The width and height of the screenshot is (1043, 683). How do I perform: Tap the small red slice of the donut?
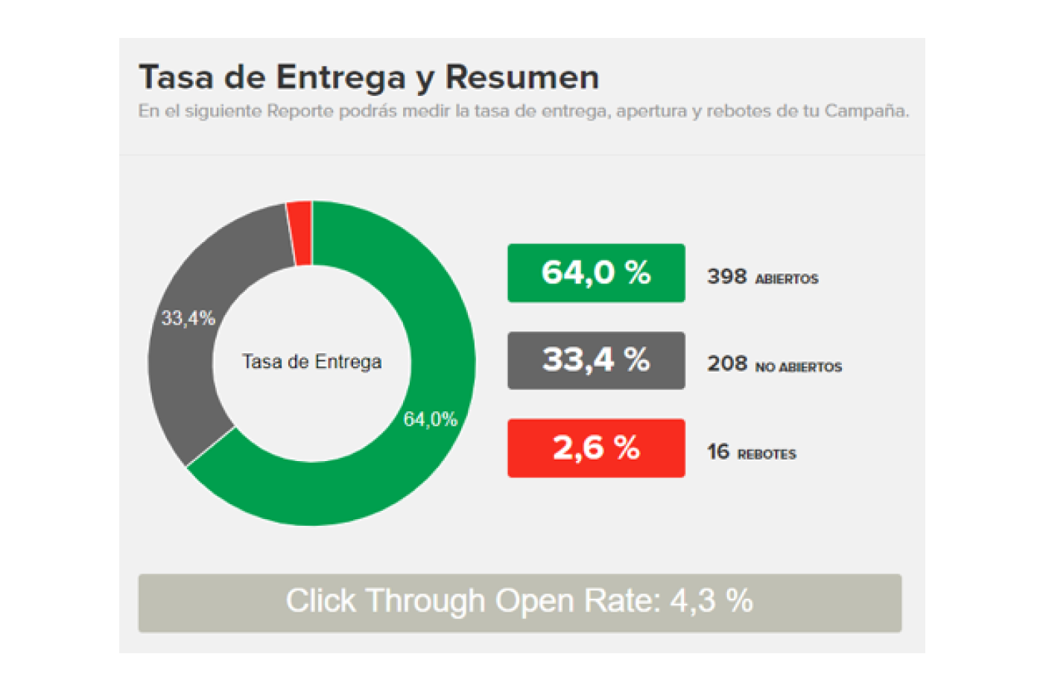point(301,232)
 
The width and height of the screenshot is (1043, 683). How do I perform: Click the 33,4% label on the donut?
point(188,319)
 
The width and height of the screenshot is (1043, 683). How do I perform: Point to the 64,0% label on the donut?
point(430,419)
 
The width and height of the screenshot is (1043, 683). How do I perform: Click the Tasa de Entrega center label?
point(311,362)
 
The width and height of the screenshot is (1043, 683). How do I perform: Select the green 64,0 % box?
point(596,273)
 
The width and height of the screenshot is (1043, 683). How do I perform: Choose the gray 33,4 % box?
point(596,360)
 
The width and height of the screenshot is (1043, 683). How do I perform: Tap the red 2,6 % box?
point(596,448)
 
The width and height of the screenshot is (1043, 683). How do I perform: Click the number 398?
point(726,277)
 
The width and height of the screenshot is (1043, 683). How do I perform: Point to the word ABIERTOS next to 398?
point(787,279)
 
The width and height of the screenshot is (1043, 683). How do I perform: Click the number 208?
point(726,364)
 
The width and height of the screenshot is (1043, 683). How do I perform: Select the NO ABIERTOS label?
point(799,367)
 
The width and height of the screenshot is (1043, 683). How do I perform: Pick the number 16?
point(718,452)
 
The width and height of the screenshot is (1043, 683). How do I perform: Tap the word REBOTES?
point(767,454)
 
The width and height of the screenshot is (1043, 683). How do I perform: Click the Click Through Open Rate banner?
point(519,603)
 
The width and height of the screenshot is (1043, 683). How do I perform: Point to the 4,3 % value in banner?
point(711,601)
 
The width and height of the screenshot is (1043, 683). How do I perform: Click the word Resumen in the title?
point(521,77)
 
